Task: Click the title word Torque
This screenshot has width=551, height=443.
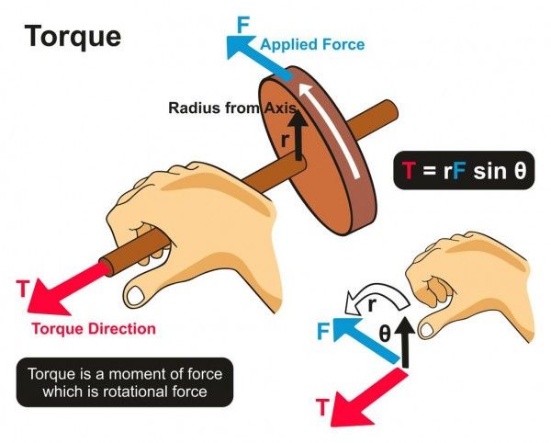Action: (x=73, y=37)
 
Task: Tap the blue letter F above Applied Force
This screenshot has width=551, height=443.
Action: (x=243, y=25)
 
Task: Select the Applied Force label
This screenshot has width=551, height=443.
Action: (x=312, y=45)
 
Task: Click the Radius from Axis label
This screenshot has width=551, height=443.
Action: (x=232, y=108)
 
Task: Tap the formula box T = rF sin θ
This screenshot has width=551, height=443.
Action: (x=464, y=170)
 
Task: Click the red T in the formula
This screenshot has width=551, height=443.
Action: (x=409, y=171)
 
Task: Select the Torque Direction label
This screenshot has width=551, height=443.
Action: (x=94, y=329)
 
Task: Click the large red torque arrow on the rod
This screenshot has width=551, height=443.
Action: (x=66, y=289)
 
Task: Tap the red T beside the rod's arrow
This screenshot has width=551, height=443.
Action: (x=22, y=289)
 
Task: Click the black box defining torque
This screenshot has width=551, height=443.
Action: (x=125, y=382)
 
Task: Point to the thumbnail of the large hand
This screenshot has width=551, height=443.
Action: (x=136, y=295)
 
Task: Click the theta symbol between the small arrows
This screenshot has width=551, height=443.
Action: (x=385, y=333)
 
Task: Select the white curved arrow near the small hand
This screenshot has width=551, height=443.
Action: (x=375, y=296)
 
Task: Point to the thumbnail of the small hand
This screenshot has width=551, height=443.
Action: (x=427, y=330)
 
